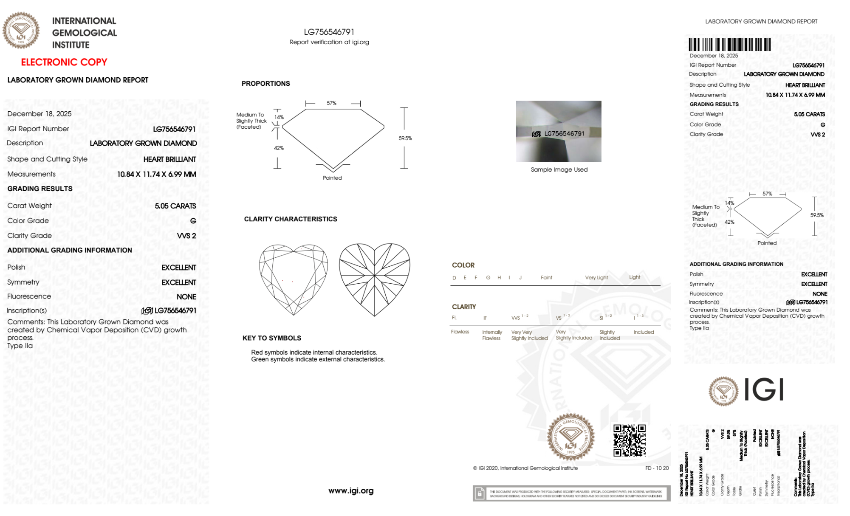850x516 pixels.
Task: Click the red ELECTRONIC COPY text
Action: tap(64, 62)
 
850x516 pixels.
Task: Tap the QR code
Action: tap(630, 440)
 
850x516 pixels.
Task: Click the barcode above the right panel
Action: tap(729, 45)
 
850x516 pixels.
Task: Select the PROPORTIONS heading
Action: tap(265, 84)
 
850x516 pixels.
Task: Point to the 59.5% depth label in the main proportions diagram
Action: tap(405, 138)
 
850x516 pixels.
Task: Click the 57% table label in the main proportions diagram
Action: tap(331, 103)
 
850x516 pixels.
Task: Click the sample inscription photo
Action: tap(559, 131)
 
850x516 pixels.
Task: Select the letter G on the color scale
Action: tap(488, 278)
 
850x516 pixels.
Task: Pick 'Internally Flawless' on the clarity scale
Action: tap(492, 335)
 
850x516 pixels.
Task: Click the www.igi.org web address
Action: tap(351, 491)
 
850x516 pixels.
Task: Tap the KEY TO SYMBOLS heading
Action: tap(271, 338)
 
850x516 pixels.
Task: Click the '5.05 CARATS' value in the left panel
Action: tap(175, 206)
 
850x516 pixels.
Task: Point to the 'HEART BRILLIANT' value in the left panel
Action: tap(169, 159)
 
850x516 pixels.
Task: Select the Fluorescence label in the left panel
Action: tap(29, 296)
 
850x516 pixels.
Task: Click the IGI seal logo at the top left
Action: tap(21, 30)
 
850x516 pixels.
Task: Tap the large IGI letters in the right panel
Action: tap(764, 389)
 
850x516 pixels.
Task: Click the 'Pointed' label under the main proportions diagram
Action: tap(332, 178)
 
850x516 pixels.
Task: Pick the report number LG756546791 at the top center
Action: tap(329, 32)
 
